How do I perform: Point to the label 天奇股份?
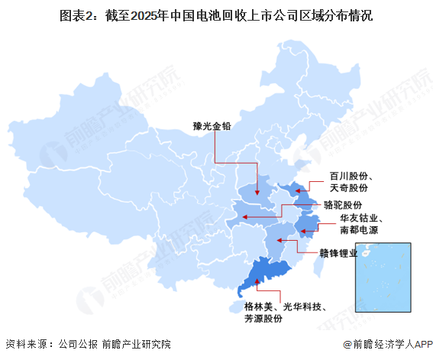348,187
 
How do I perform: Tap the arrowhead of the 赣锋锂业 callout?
280,242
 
